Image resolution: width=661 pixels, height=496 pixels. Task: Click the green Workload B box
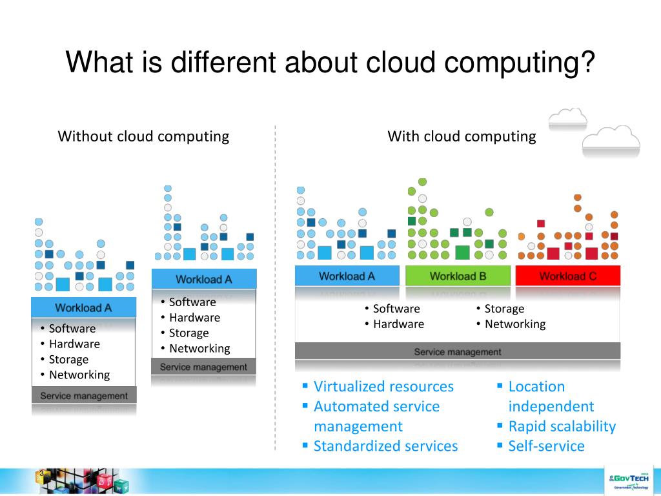point(458,276)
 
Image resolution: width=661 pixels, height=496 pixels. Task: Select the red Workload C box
point(567,276)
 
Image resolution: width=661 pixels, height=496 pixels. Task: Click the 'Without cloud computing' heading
point(143,136)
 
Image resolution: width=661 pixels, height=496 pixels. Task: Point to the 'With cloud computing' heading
point(462,136)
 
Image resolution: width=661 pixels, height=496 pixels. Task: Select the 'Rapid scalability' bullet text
point(562,426)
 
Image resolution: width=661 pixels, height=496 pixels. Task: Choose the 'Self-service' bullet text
point(546,446)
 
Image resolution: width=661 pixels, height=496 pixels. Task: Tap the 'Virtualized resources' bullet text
point(383,386)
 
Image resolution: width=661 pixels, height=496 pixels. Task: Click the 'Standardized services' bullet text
point(385,446)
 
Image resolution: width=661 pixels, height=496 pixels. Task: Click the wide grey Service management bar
point(457,352)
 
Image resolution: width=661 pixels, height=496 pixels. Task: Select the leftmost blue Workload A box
point(83,307)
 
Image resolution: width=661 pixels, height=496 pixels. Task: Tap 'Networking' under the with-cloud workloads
point(514,324)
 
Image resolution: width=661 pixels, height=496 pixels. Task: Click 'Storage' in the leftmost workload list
point(68,359)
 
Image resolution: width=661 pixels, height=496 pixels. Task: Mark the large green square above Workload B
point(462,252)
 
